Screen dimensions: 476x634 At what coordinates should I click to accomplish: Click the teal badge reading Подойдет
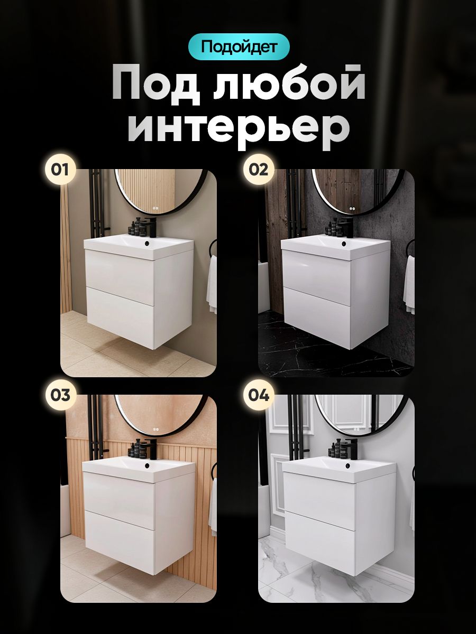coord(239,46)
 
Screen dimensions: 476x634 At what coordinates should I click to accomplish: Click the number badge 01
coord(60,170)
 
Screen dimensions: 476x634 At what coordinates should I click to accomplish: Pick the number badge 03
coord(60,395)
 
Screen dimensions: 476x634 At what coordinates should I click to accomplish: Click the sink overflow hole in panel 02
coord(343,244)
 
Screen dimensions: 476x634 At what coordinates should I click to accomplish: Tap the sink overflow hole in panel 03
coord(148,465)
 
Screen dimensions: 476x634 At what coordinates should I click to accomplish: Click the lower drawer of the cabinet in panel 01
coord(121,317)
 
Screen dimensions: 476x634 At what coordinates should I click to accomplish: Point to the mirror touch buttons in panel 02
coord(351,208)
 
